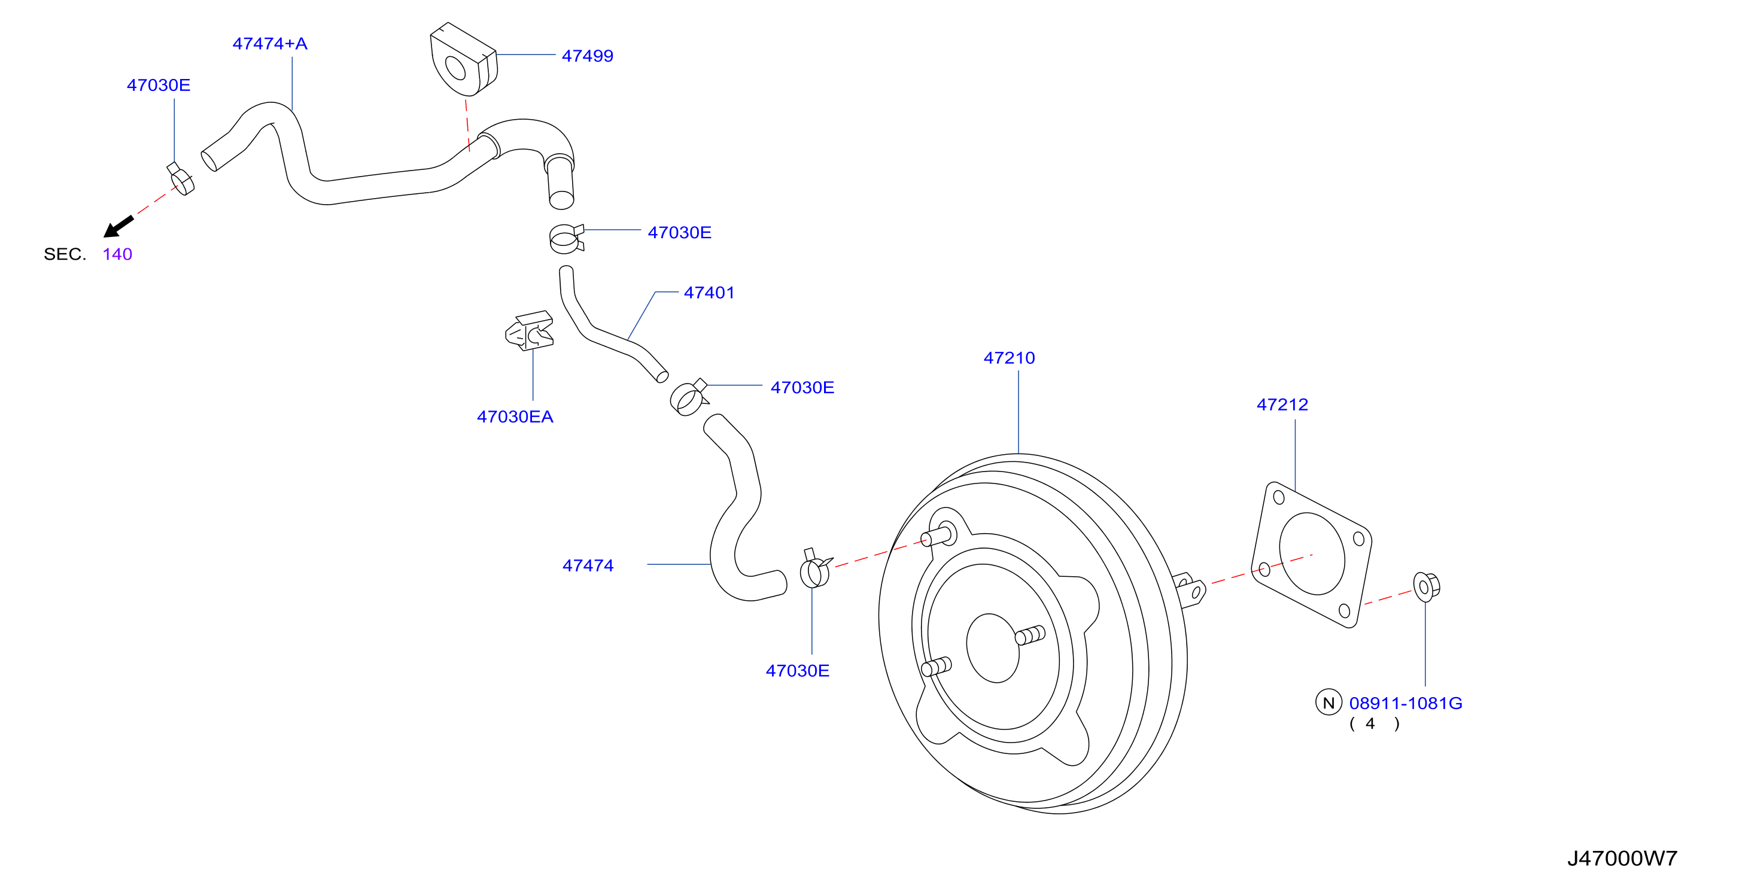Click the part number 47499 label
[x=587, y=56]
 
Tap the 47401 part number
[x=709, y=293]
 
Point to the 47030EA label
[x=515, y=416]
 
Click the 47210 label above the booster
[x=1010, y=358]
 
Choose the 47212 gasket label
[x=1282, y=405]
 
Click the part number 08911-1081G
[x=1406, y=703]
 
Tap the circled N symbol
[x=1328, y=703]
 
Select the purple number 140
[x=117, y=254]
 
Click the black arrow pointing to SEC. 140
[x=118, y=227]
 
